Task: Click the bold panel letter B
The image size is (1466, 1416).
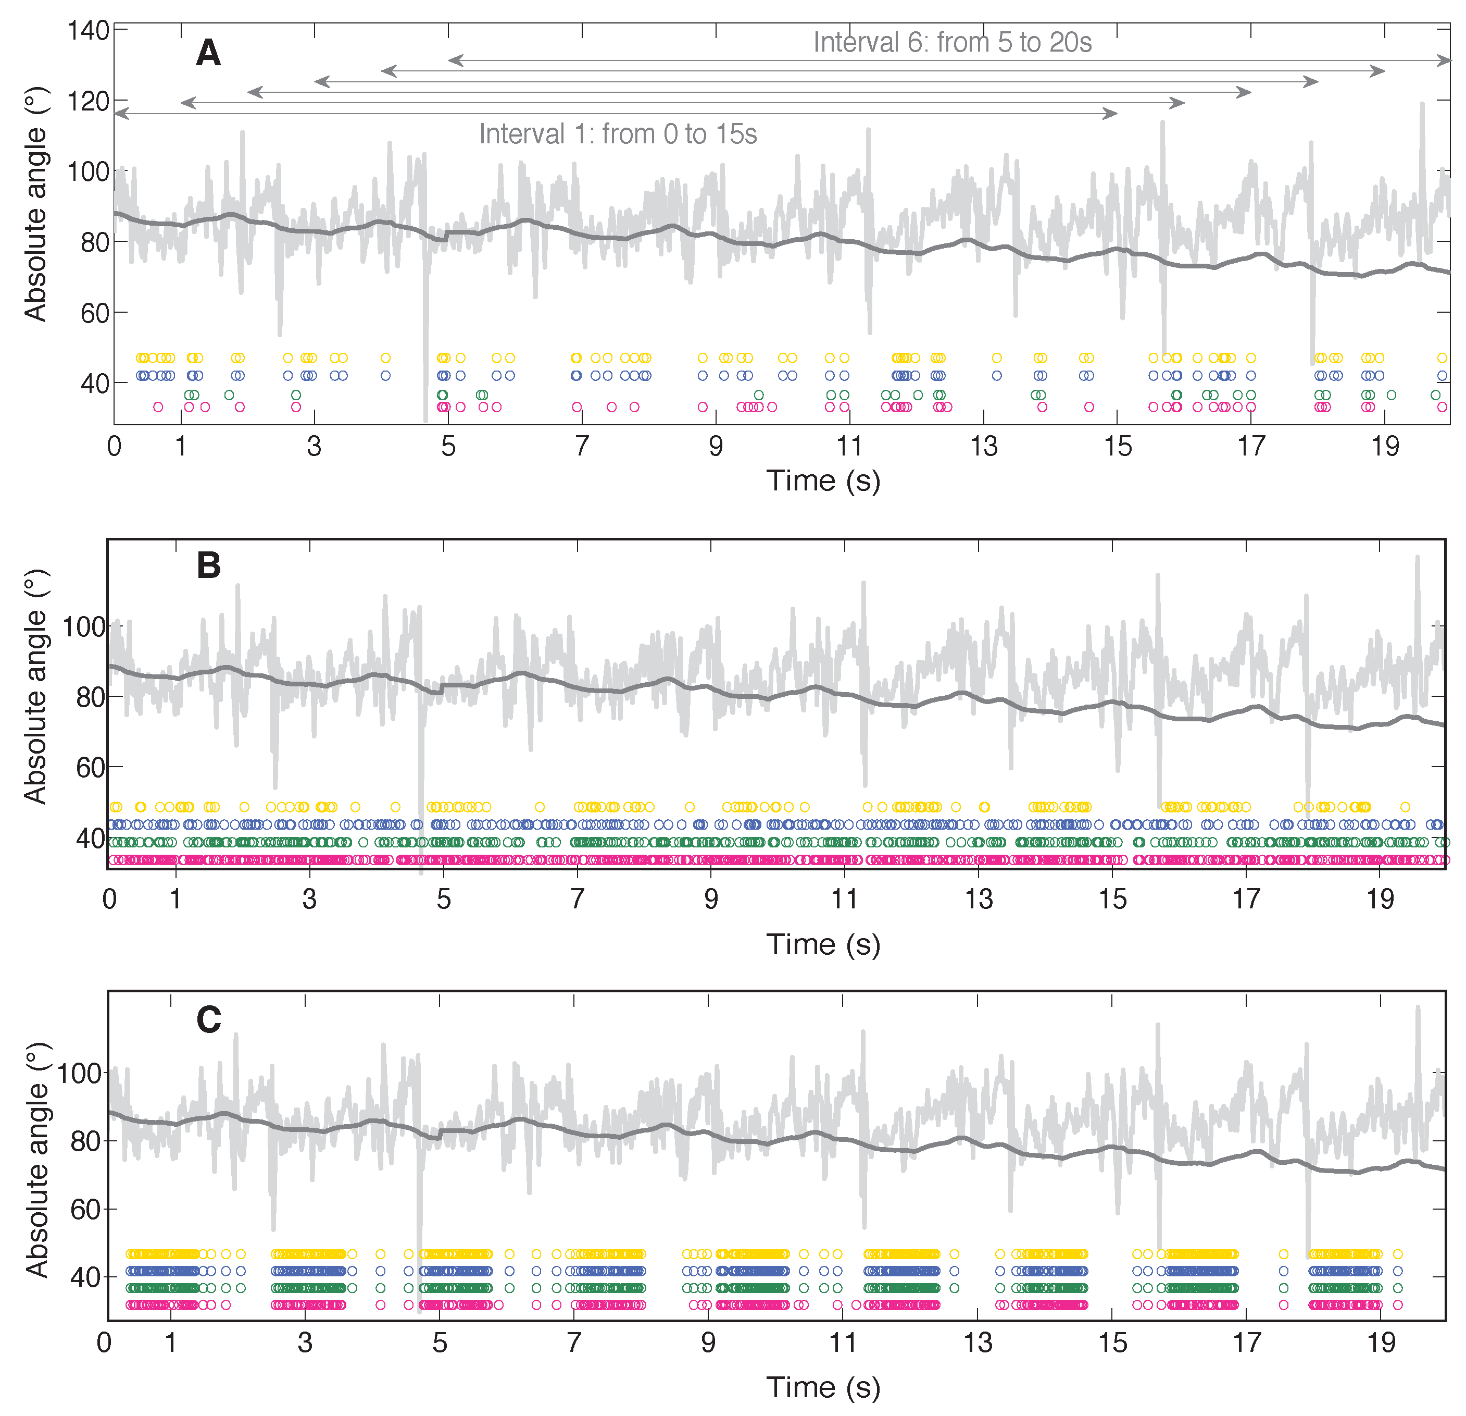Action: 209,566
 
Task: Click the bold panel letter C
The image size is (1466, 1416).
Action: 209,1020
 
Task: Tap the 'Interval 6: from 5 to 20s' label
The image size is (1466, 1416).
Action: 951,43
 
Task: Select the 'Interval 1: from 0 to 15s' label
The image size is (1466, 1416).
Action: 618,134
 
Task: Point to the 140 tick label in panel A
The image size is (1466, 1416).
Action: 88,31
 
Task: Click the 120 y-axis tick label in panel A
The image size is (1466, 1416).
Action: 88,101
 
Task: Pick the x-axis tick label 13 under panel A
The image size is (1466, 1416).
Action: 984,447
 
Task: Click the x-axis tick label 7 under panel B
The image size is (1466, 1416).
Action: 577,899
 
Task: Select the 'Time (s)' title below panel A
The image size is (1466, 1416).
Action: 823,481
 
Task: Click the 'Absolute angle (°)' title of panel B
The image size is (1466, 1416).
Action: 35,687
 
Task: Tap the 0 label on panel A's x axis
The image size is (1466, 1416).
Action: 114,447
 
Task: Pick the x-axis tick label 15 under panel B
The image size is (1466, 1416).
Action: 1112,899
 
